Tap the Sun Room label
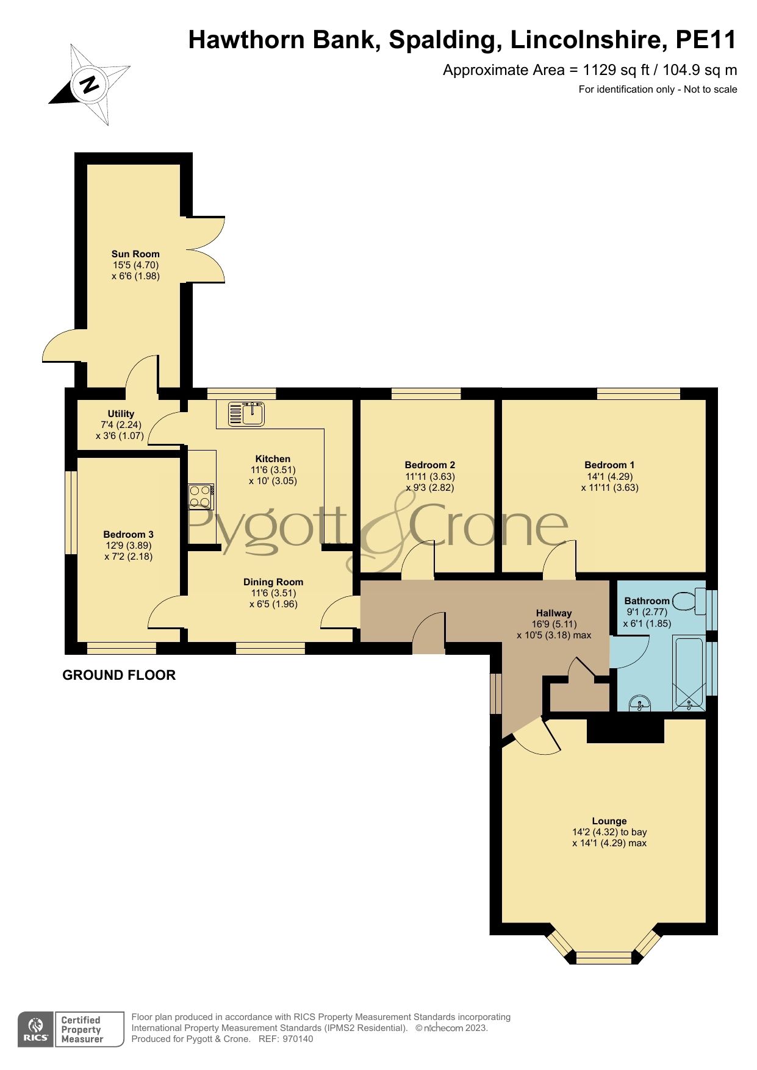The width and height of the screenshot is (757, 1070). point(135,254)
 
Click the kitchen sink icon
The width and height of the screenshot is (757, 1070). point(246,414)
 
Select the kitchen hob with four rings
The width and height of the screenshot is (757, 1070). point(201,496)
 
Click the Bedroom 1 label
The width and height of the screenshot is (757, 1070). point(609,465)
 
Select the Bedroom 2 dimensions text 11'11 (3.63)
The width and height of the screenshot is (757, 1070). point(430,477)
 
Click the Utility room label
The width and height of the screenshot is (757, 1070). point(121,414)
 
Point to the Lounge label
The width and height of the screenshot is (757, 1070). point(609,821)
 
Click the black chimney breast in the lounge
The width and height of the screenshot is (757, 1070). point(625,730)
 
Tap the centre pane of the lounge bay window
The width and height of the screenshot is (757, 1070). point(605,957)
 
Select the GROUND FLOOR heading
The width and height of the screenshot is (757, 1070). point(119,675)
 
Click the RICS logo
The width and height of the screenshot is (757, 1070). point(36,1029)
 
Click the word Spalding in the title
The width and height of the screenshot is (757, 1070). point(442,40)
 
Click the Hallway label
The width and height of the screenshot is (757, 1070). point(554,613)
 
